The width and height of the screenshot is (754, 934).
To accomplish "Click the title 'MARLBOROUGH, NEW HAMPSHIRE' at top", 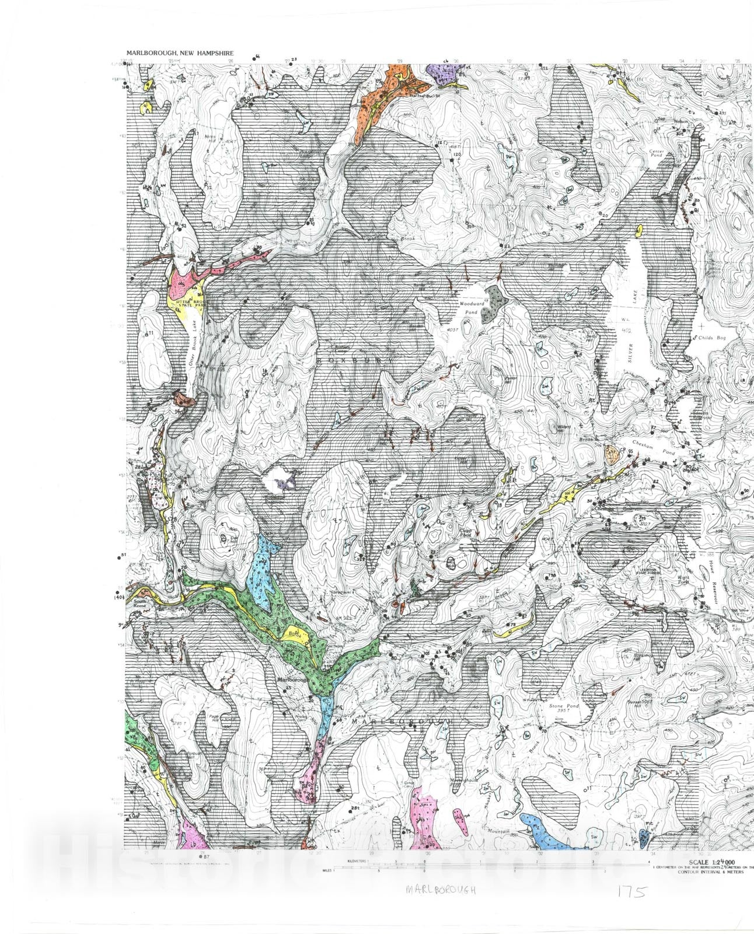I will tap(180, 53).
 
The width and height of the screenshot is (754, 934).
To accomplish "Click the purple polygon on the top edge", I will tap(443, 74).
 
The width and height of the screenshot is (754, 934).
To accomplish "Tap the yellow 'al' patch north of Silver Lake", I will tap(638, 231).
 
